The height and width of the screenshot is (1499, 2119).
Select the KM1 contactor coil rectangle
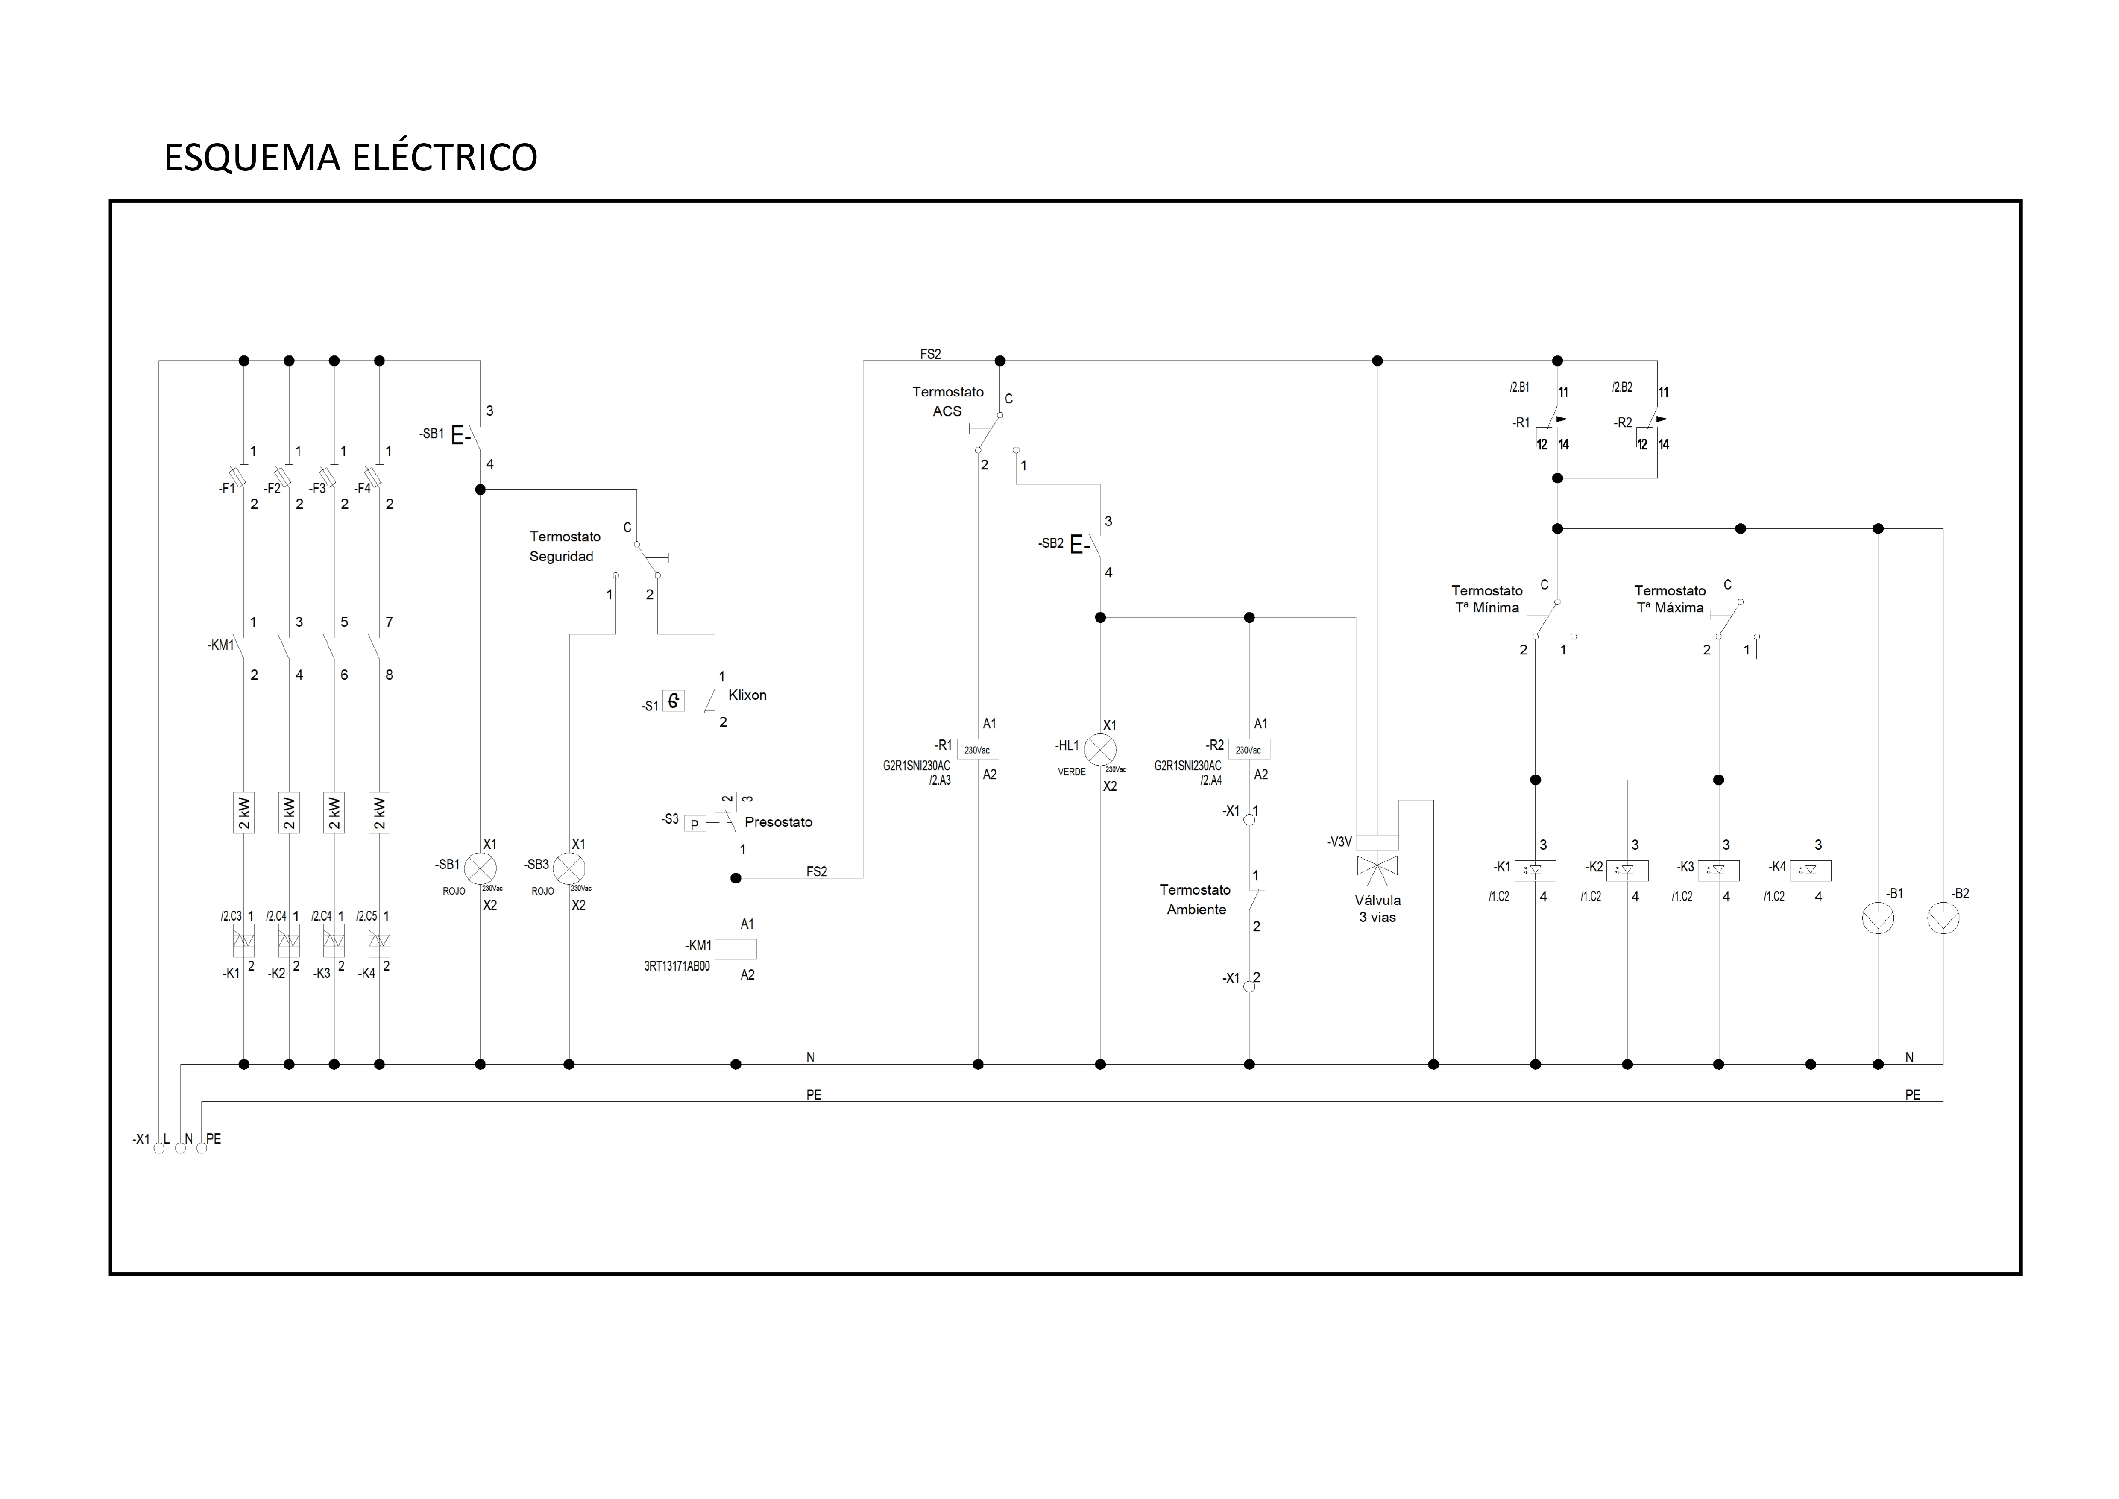tap(736, 949)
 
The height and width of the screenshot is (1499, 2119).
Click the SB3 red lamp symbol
tap(569, 868)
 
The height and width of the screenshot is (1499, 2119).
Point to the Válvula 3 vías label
tap(1377, 908)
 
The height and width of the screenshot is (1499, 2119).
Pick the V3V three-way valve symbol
tap(1377, 865)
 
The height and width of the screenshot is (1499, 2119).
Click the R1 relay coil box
tap(977, 749)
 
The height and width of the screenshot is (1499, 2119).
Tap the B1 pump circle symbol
tap(1878, 919)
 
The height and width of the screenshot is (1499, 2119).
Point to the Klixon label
tap(747, 695)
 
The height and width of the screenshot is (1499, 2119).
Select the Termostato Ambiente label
tap(1195, 899)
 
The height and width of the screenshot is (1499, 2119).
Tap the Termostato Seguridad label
tap(564, 546)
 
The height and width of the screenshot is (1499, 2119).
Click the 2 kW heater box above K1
tap(243, 812)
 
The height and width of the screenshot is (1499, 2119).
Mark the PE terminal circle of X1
tap(202, 1148)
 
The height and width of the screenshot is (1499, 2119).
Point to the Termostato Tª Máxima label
tap(1670, 599)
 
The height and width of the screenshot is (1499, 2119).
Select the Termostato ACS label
tap(948, 402)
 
